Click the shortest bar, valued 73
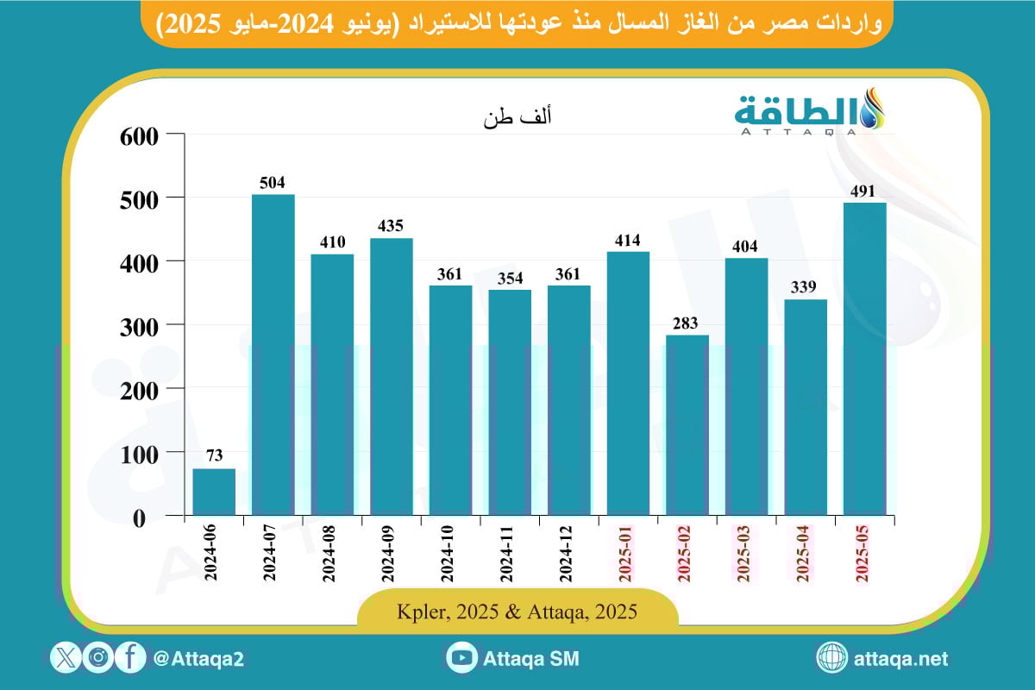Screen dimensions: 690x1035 (214, 492)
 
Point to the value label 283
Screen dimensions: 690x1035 (687, 323)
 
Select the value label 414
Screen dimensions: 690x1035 (628, 240)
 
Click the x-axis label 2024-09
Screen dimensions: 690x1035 (390, 555)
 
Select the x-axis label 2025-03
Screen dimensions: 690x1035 (745, 555)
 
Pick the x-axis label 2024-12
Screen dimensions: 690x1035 (568, 555)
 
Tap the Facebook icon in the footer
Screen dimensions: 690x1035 (130, 658)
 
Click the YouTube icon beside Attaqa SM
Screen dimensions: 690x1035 (462, 658)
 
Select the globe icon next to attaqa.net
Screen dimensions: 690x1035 (832, 658)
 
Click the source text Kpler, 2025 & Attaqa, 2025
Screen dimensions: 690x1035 (517, 612)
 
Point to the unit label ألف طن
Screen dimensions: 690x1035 (517, 120)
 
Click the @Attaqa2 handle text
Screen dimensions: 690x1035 (198, 659)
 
